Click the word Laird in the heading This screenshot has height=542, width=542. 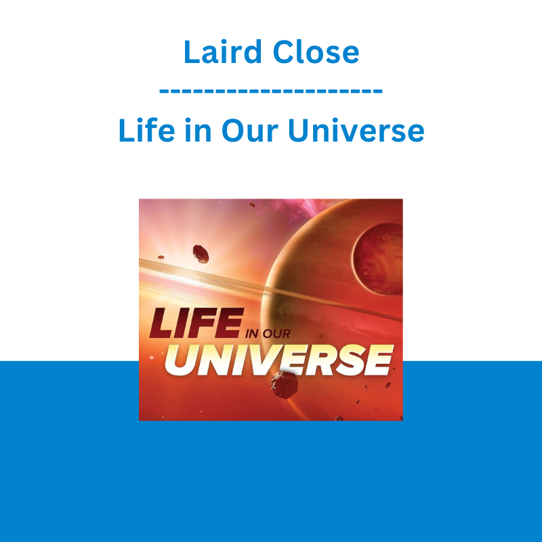point(222,51)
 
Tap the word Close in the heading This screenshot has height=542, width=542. point(316,52)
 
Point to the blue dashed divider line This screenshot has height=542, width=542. point(270,91)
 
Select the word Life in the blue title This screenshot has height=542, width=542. point(146,130)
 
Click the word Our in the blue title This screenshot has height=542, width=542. point(249,131)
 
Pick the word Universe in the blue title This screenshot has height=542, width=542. point(356,130)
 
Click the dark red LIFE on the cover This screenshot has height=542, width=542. point(196,323)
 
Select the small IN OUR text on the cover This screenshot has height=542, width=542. point(268,333)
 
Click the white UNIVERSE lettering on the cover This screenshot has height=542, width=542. point(279,360)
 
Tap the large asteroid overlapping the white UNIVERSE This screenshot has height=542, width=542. point(284,385)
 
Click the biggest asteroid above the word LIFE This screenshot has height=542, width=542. point(201,254)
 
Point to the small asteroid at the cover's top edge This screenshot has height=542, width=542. point(252,205)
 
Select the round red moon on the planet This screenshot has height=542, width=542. point(377,259)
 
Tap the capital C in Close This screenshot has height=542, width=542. point(284,52)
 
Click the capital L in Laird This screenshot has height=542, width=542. point(192,51)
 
